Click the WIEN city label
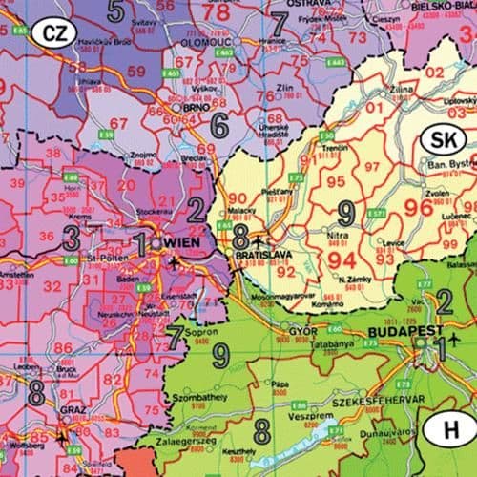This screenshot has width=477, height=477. pos(189,242)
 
